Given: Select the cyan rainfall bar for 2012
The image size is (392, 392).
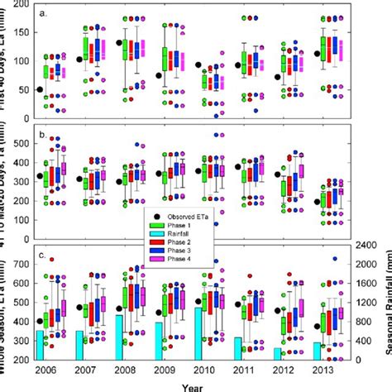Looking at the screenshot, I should [x=277, y=354].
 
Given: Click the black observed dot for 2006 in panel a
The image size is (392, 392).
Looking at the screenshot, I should [x=40, y=89].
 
